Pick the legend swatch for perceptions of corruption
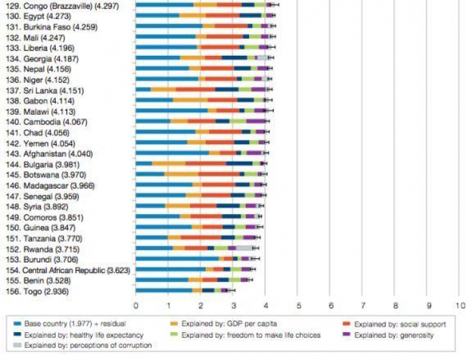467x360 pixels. (16, 346)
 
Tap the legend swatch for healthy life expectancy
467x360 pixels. (16, 335)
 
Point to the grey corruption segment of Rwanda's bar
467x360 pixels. (245, 248)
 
